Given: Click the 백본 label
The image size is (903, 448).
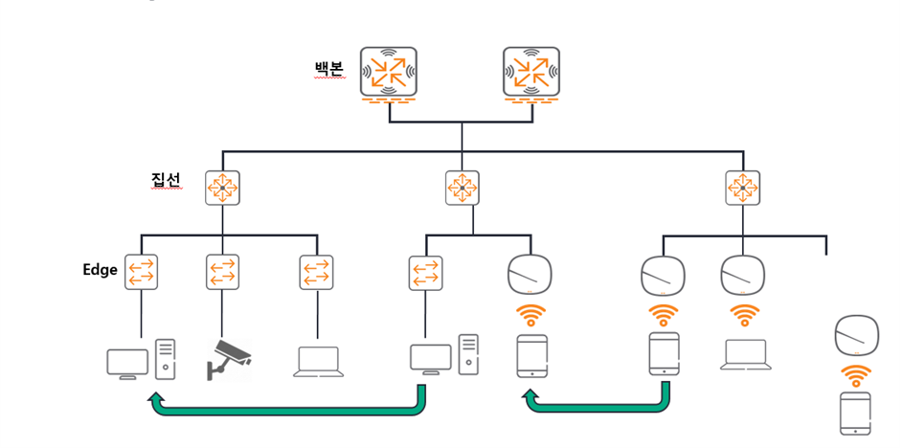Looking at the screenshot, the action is click(x=328, y=69).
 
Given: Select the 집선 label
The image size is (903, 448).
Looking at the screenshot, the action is click(x=167, y=180).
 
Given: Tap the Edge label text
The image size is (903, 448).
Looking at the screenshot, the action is click(x=101, y=270).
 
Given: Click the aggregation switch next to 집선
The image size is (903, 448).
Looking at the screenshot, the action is click(x=222, y=188).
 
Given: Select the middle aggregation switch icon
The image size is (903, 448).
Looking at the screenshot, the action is click(x=462, y=188).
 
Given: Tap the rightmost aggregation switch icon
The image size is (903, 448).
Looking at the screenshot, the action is click(x=742, y=188).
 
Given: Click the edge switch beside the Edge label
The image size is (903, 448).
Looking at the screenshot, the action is click(x=141, y=273).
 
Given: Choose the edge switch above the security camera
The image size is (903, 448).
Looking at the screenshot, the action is click(x=222, y=273).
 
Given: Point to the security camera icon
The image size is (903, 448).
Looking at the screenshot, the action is click(x=229, y=360).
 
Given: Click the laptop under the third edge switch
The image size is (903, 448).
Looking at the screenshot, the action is click(x=318, y=362).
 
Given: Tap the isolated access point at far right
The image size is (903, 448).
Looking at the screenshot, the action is click(x=857, y=335).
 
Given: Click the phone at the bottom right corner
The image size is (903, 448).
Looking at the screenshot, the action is click(x=855, y=414).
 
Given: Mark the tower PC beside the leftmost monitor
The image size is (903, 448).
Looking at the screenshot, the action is click(x=166, y=359).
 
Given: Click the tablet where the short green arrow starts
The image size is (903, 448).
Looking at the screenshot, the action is click(x=664, y=353).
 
